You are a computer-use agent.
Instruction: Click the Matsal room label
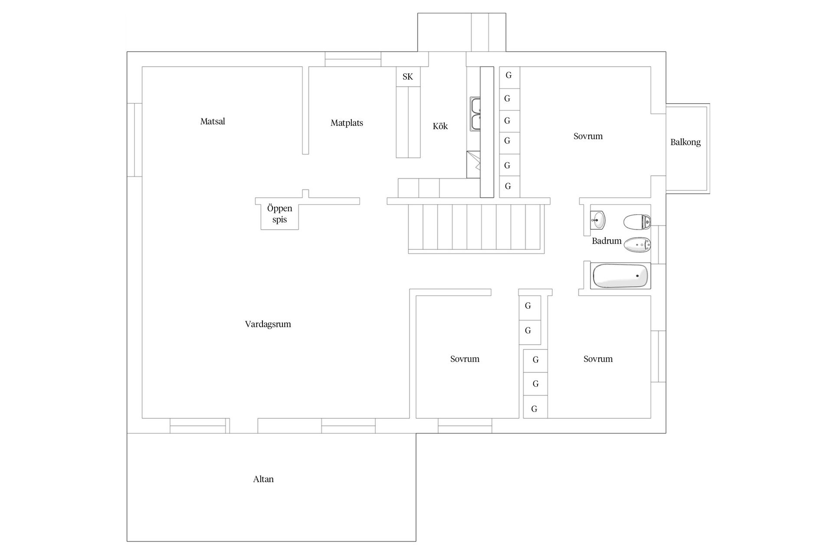213,121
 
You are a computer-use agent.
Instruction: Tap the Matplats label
347,123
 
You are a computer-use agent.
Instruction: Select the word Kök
440,126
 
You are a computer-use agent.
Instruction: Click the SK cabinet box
408,77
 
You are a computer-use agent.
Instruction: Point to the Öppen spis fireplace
279,214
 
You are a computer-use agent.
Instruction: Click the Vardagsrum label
268,324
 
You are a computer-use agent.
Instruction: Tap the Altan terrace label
263,479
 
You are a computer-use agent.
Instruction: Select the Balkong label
685,142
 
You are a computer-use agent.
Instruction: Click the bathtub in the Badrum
620,276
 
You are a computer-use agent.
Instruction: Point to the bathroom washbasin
598,220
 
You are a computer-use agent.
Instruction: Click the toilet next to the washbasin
637,222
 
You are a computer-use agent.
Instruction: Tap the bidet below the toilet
637,245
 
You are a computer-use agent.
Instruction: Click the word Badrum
607,241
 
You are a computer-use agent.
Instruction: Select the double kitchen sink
476,114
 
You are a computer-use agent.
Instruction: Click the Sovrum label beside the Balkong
588,136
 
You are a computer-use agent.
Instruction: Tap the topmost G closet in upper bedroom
509,76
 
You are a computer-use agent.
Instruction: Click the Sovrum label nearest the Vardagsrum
465,359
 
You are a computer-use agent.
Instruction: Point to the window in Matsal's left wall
135,140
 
